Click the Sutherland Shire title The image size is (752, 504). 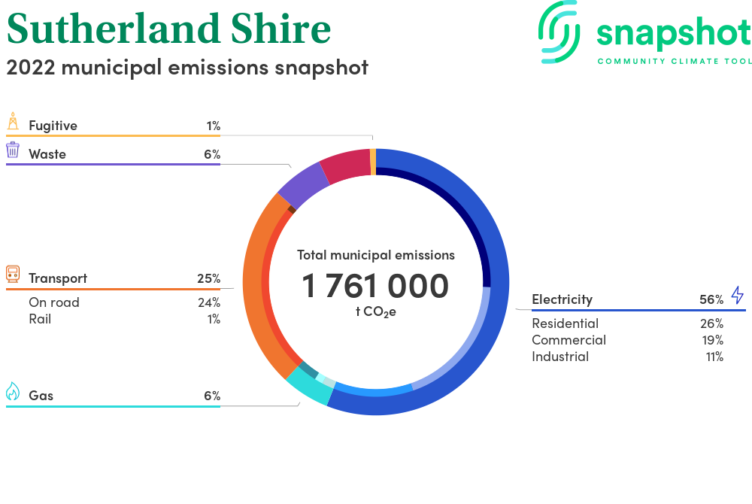(168, 29)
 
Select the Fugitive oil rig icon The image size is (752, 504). (13, 121)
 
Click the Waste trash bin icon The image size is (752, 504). (13, 150)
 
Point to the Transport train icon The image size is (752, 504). (13, 274)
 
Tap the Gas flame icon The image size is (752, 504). (13, 391)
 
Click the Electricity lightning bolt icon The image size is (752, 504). (738, 295)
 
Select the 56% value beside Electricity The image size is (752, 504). (711, 299)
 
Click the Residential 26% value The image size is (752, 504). (711, 323)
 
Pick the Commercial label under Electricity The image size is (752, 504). (569, 340)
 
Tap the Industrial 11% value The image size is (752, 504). (714, 357)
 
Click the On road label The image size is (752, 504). (54, 302)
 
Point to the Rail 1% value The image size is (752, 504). (214, 320)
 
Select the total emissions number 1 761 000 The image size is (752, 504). (375, 286)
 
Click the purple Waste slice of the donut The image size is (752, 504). (302, 186)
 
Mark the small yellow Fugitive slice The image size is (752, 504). (373, 162)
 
